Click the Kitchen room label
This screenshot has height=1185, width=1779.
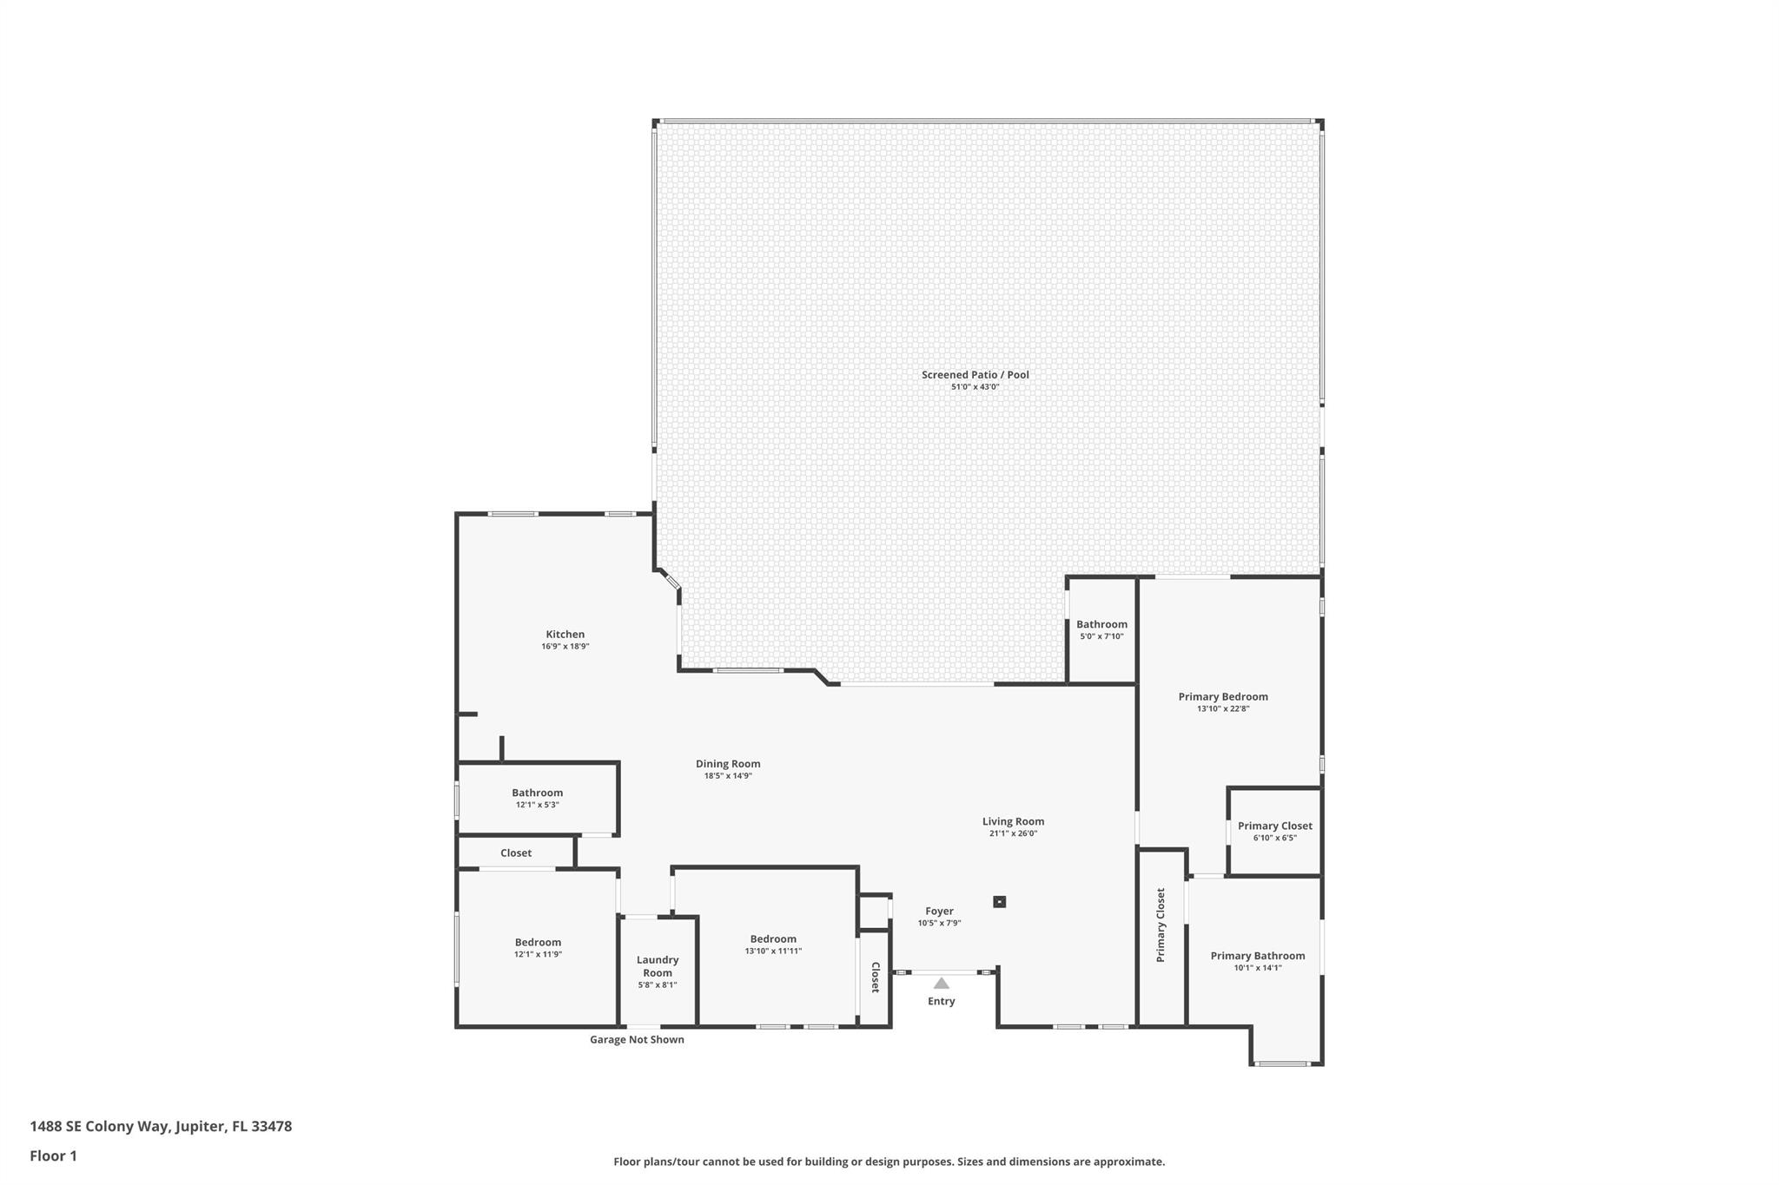click(565, 635)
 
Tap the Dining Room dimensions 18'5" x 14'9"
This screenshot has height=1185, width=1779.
click(727, 776)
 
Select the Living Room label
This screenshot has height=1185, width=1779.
click(1013, 821)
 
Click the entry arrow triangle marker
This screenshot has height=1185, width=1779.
click(941, 984)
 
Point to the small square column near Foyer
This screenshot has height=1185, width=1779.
click(999, 902)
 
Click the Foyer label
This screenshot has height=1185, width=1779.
click(939, 912)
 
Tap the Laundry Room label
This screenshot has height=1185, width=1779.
click(657, 966)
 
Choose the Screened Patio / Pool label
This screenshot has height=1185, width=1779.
click(975, 375)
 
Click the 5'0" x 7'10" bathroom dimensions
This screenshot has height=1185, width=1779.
click(1101, 636)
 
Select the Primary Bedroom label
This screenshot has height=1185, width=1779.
click(1222, 696)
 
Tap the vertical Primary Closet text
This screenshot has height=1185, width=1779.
click(1161, 925)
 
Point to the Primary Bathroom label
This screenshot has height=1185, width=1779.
click(1257, 956)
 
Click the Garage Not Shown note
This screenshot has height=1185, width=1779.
click(637, 1040)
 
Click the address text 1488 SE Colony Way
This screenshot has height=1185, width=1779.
click(161, 1127)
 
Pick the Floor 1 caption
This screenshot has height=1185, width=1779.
click(53, 1156)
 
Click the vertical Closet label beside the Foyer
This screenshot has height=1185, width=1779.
click(876, 978)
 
